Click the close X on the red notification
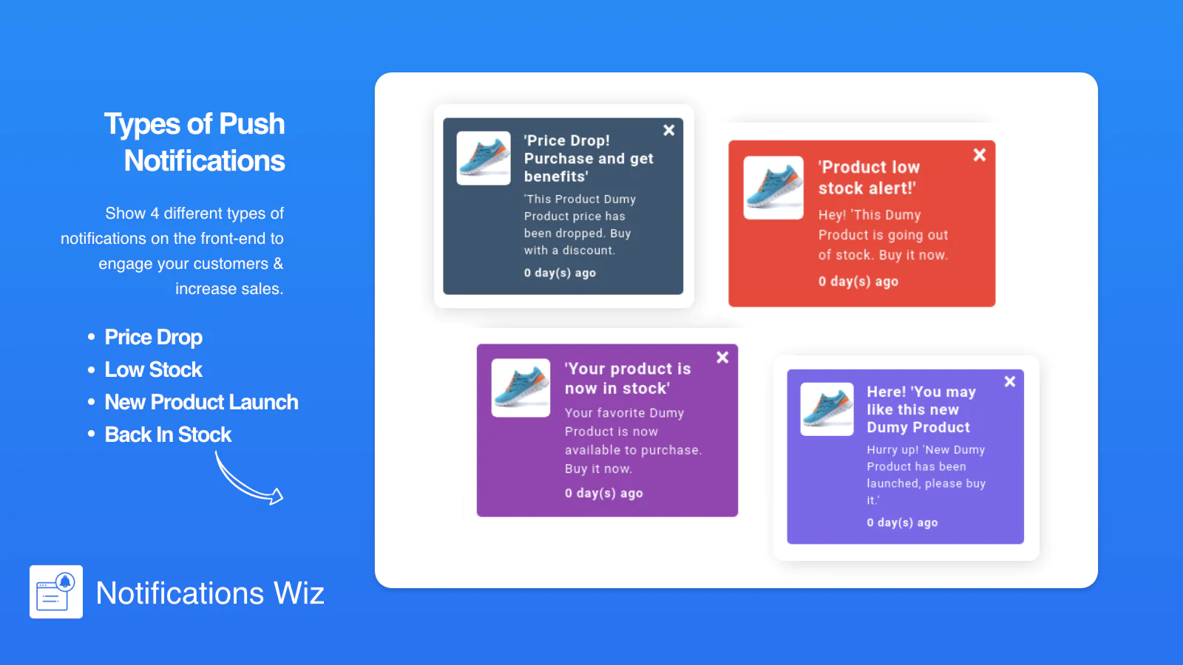980,154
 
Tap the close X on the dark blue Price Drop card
668,130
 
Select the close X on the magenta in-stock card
722,358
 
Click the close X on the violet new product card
1010,381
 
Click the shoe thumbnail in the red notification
773,188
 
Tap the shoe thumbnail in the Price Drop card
484,158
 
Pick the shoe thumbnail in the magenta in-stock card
521,388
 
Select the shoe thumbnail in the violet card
827,409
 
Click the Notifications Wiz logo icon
56,592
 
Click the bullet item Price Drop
153,337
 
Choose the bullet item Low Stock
153,369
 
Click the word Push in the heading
251,125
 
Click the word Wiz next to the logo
299,593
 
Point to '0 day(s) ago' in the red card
858,282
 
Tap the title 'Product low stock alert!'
870,177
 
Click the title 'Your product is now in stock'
628,378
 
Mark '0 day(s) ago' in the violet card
902,522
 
